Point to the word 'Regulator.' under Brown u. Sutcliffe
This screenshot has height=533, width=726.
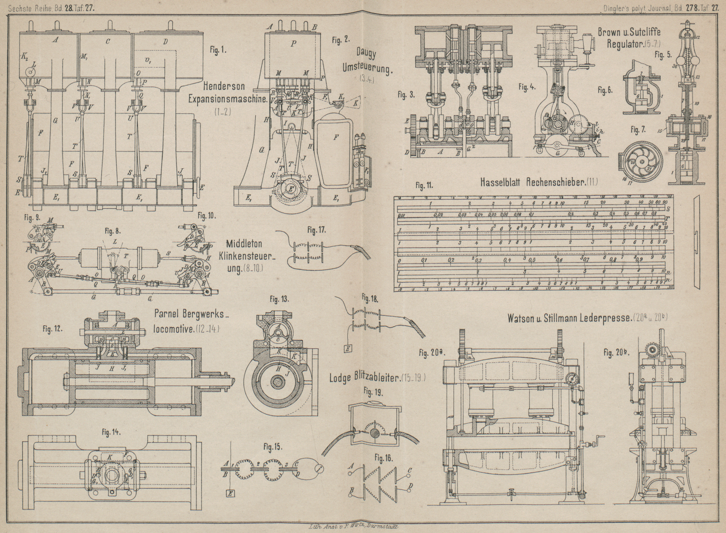point(620,44)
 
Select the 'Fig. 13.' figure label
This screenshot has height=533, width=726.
point(279,299)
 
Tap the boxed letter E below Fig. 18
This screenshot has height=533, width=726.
point(348,348)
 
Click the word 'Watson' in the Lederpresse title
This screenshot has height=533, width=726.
point(521,318)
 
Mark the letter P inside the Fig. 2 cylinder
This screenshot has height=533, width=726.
point(294,44)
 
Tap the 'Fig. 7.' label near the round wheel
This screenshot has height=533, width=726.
point(638,130)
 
